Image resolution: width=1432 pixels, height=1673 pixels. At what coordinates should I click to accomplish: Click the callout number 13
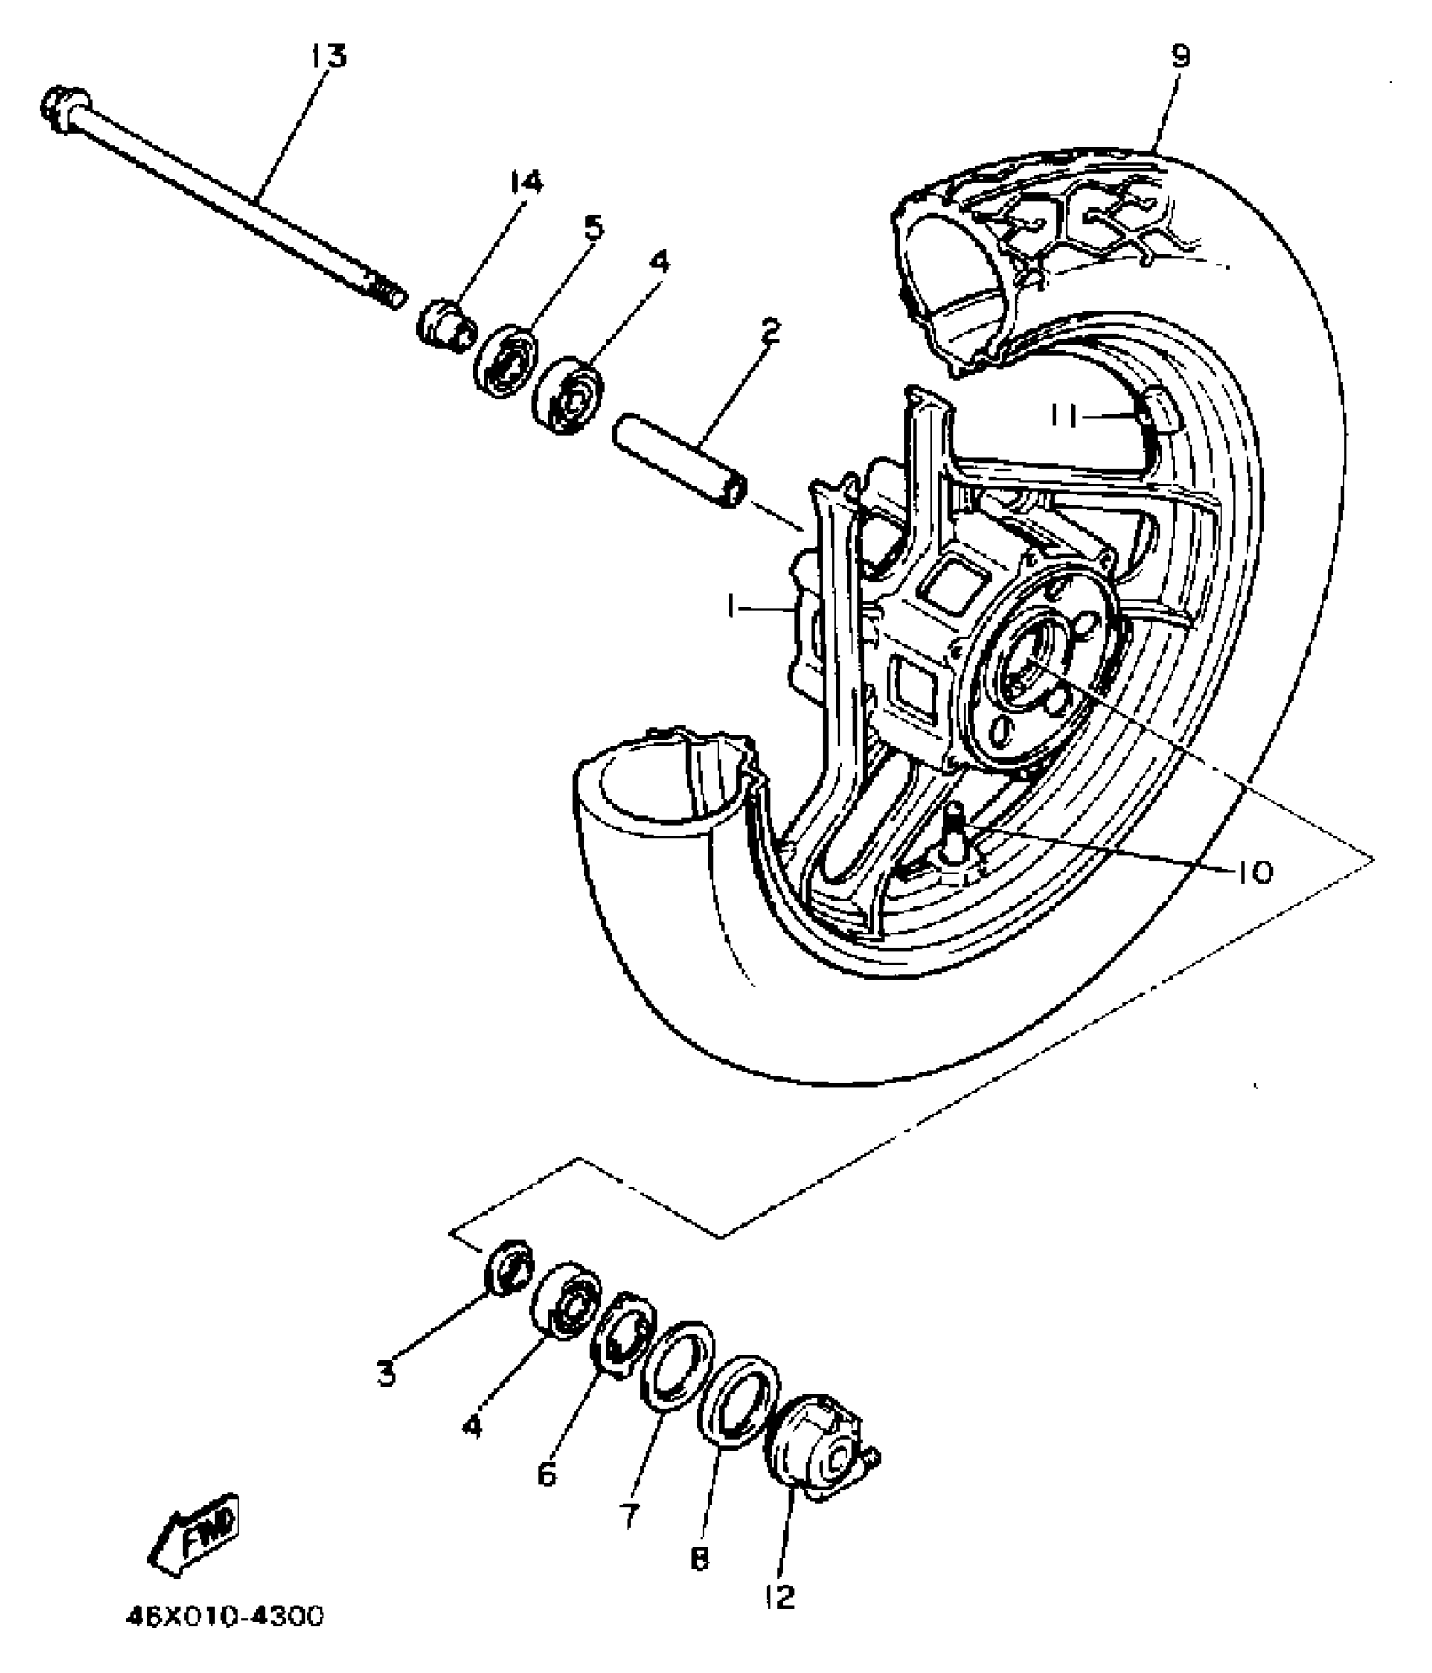[x=328, y=57]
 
